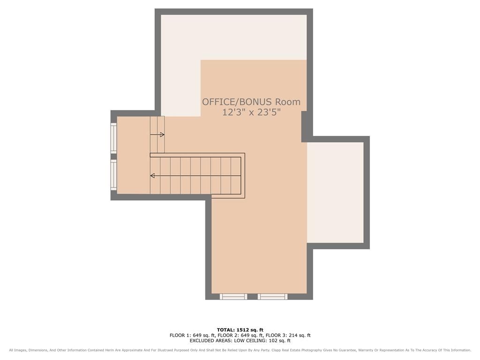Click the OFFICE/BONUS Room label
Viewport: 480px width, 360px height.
coord(251,102)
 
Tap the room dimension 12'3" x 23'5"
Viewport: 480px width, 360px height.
coord(251,112)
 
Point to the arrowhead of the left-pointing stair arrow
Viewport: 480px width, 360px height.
coord(152,176)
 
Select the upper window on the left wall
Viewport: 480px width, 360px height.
coord(113,138)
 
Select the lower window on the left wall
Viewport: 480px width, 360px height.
coord(113,175)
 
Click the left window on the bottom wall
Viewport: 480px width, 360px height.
coord(233,296)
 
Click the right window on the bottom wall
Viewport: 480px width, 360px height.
coord(272,296)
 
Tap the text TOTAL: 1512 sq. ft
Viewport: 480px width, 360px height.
coord(240,330)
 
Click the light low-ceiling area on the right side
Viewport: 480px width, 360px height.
coord(335,192)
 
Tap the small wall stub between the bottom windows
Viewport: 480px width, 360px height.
coord(253,296)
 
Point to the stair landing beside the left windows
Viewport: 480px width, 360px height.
coord(134,155)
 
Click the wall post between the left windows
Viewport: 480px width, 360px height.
coord(113,157)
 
